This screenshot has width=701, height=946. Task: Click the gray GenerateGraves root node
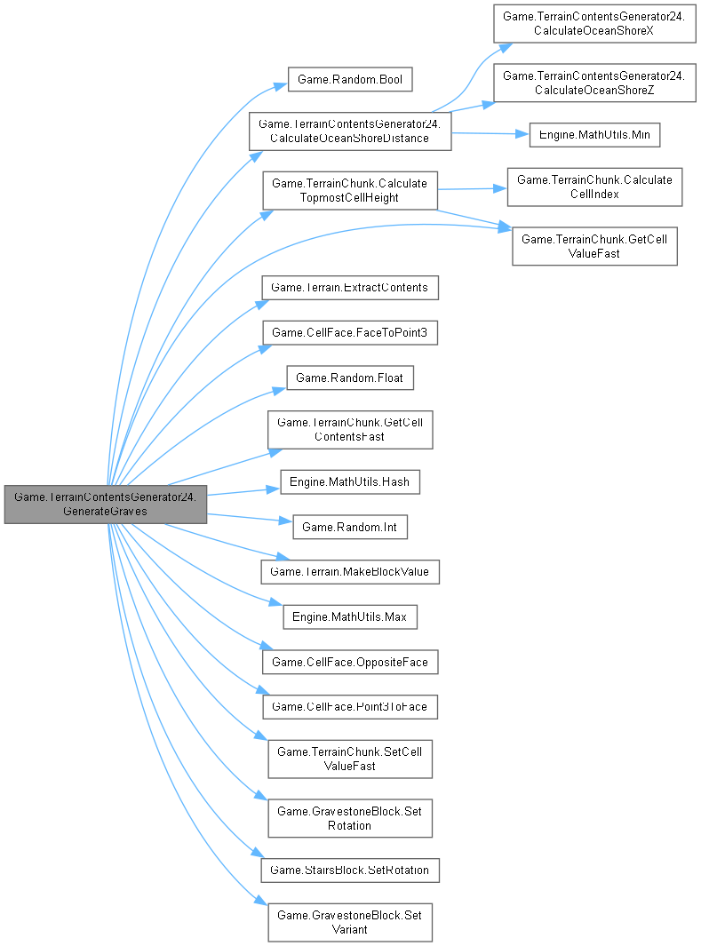[x=106, y=505]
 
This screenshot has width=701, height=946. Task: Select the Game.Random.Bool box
[x=350, y=80]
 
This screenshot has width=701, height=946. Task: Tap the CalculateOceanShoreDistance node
[x=350, y=130]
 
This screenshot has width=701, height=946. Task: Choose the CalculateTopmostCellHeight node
[x=349, y=190]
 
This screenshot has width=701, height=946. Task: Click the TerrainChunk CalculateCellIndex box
[x=594, y=187]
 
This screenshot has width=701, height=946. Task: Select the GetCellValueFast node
[x=594, y=245]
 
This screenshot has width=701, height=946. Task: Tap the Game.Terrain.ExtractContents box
[x=349, y=288]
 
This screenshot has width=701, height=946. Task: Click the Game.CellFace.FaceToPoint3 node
[x=350, y=332]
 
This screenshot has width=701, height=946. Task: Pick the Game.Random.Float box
[x=349, y=378]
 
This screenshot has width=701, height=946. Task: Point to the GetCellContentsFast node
[x=350, y=430]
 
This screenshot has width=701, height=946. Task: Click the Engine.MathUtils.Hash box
[x=350, y=482]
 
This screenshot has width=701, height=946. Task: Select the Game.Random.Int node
[x=350, y=527]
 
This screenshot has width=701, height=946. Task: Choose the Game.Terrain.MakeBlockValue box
[x=350, y=572]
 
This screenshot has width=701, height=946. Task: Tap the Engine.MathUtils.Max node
[x=350, y=616]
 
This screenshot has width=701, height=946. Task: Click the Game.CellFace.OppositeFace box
[x=350, y=662]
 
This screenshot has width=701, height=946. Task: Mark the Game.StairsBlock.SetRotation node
[x=350, y=870]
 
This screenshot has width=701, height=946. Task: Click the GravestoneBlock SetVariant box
[x=350, y=922]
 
